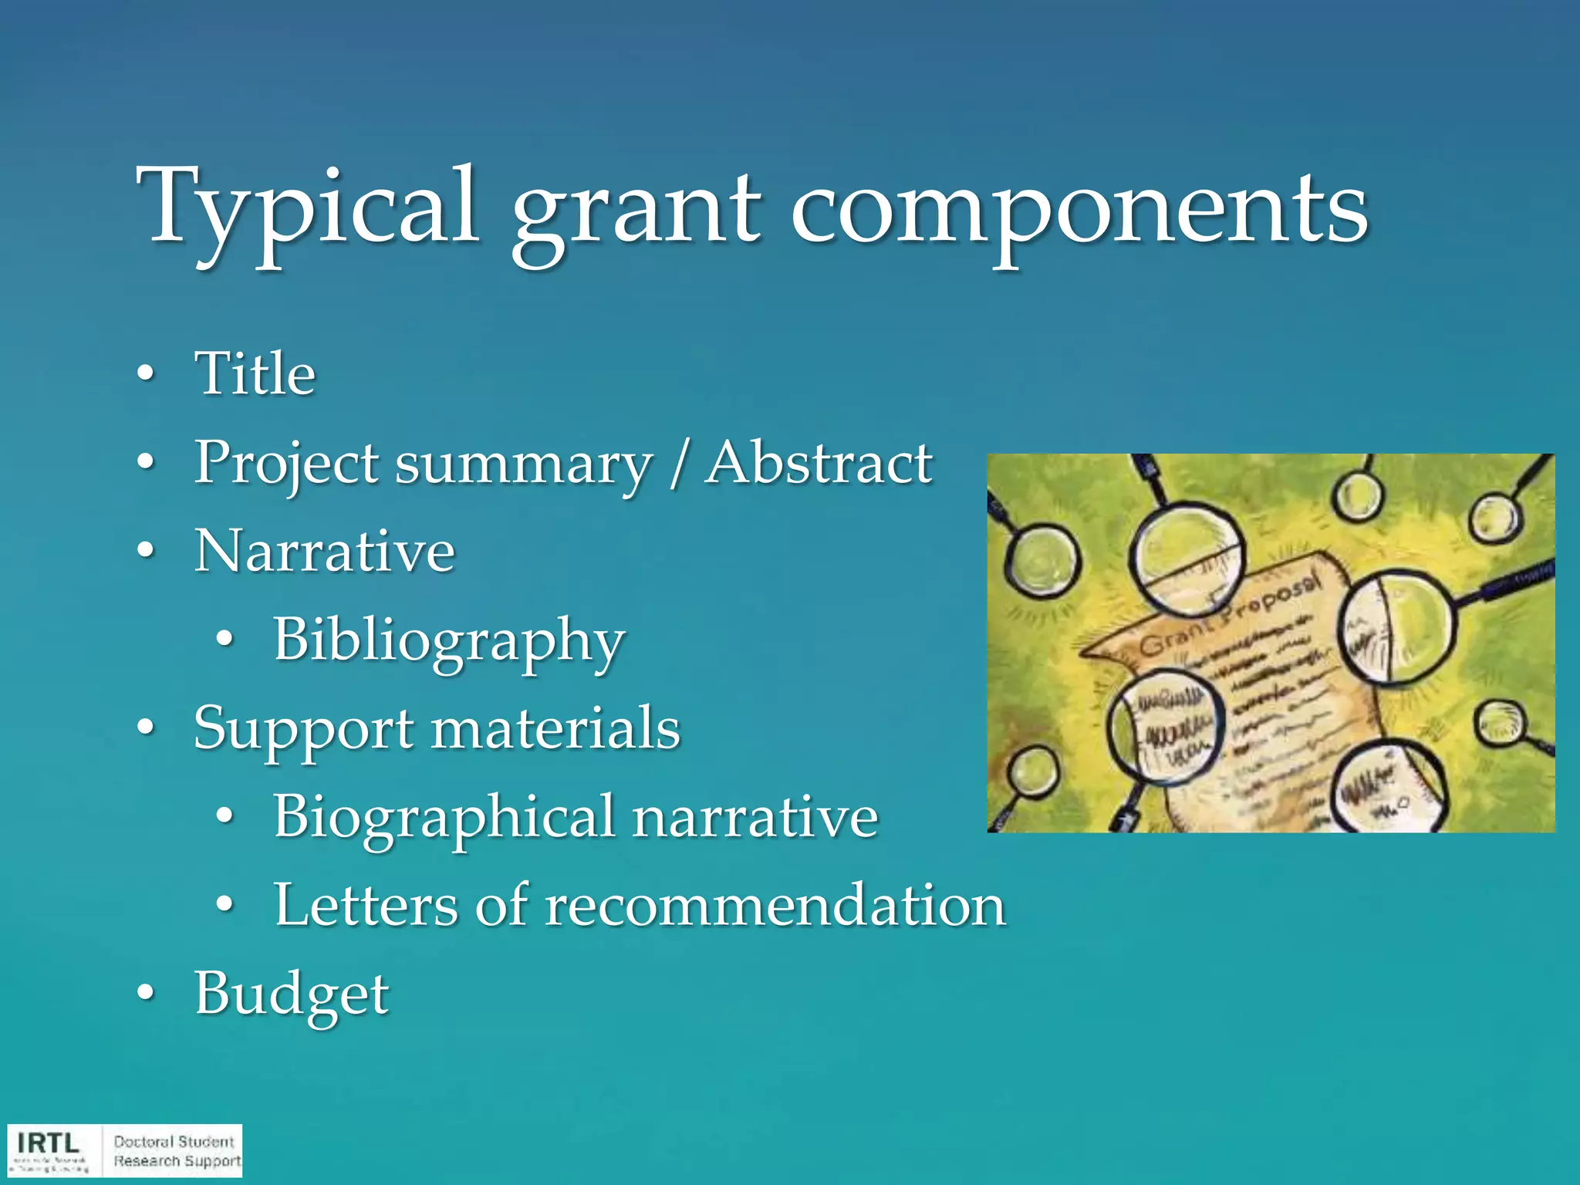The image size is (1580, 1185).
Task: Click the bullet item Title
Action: (255, 373)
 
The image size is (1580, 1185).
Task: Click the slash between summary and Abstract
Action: (678, 464)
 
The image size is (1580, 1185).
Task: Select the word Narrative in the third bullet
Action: (324, 551)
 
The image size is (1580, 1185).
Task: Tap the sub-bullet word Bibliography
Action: (449, 640)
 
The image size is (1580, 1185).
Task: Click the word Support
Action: (304, 729)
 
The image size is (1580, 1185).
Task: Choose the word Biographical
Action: (444, 818)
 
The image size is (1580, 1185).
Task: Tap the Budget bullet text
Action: (292, 994)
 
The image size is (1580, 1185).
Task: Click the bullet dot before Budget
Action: (145, 994)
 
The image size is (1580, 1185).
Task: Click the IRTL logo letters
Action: (48, 1143)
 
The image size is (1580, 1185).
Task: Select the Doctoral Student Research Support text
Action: (177, 1151)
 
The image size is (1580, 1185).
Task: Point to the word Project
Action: (286, 463)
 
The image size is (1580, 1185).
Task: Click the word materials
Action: (555, 729)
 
